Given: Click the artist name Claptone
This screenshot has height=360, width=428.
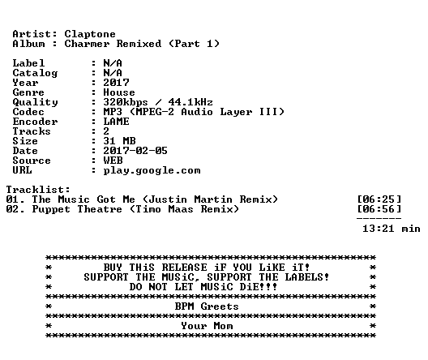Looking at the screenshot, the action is click(90, 34).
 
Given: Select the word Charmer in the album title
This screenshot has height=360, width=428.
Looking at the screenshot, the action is click(87, 44).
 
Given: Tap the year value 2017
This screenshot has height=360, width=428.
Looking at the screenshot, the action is click(116, 83).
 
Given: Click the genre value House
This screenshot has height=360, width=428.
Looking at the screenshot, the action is click(119, 92).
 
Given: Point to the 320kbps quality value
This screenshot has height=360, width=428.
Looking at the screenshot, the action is click(126, 102).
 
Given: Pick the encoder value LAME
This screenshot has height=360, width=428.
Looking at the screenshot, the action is click(116, 122).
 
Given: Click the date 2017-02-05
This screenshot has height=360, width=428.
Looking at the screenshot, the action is click(135, 151).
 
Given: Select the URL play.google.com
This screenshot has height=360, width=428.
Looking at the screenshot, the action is click(152, 170).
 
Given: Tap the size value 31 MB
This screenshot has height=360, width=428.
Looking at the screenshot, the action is click(119, 141).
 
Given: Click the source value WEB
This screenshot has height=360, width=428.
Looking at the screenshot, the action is click(113, 161).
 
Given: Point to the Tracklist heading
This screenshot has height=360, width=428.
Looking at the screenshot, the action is click(38, 190).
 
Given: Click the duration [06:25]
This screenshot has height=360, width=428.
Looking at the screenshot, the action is click(379, 199).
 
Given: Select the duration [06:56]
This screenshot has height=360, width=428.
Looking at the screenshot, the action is click(379, 209).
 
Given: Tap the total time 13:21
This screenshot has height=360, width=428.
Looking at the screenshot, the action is click(379, 229).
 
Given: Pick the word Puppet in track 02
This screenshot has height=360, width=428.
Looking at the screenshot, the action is click(51, 209).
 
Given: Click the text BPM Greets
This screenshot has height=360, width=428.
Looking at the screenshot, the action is click(207, 306).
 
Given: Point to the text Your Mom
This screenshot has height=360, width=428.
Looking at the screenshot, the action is click(207, 326).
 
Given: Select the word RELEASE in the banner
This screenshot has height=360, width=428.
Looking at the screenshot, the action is click(184, 268).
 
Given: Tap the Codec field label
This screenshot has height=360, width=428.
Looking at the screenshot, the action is click(28, 112).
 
